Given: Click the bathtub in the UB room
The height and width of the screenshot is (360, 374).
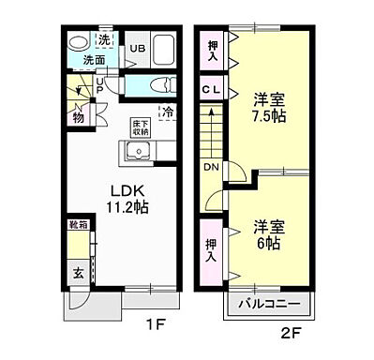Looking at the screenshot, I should click(166, 49).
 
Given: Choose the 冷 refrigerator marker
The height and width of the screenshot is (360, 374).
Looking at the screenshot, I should click(168, 112).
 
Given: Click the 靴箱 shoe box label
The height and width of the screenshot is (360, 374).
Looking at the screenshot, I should click(76, 225).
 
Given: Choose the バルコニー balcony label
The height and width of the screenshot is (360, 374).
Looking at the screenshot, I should click(267, 306).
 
